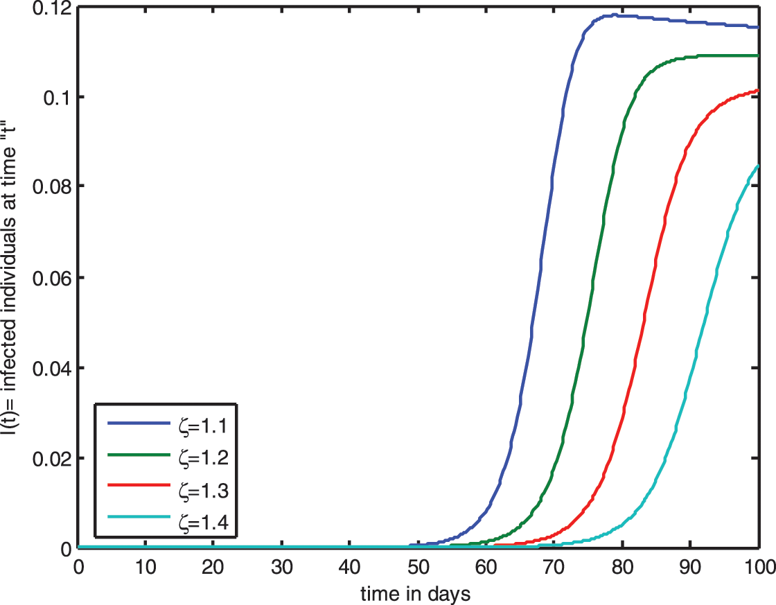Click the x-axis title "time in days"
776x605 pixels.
click(x=416, y=593)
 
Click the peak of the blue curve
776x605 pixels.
click(x=613, y=15)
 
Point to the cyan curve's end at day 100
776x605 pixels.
click(x=758, y=165)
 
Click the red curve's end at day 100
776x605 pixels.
click(x=758, y=89)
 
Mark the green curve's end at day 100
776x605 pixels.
click(x=758, y=55)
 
